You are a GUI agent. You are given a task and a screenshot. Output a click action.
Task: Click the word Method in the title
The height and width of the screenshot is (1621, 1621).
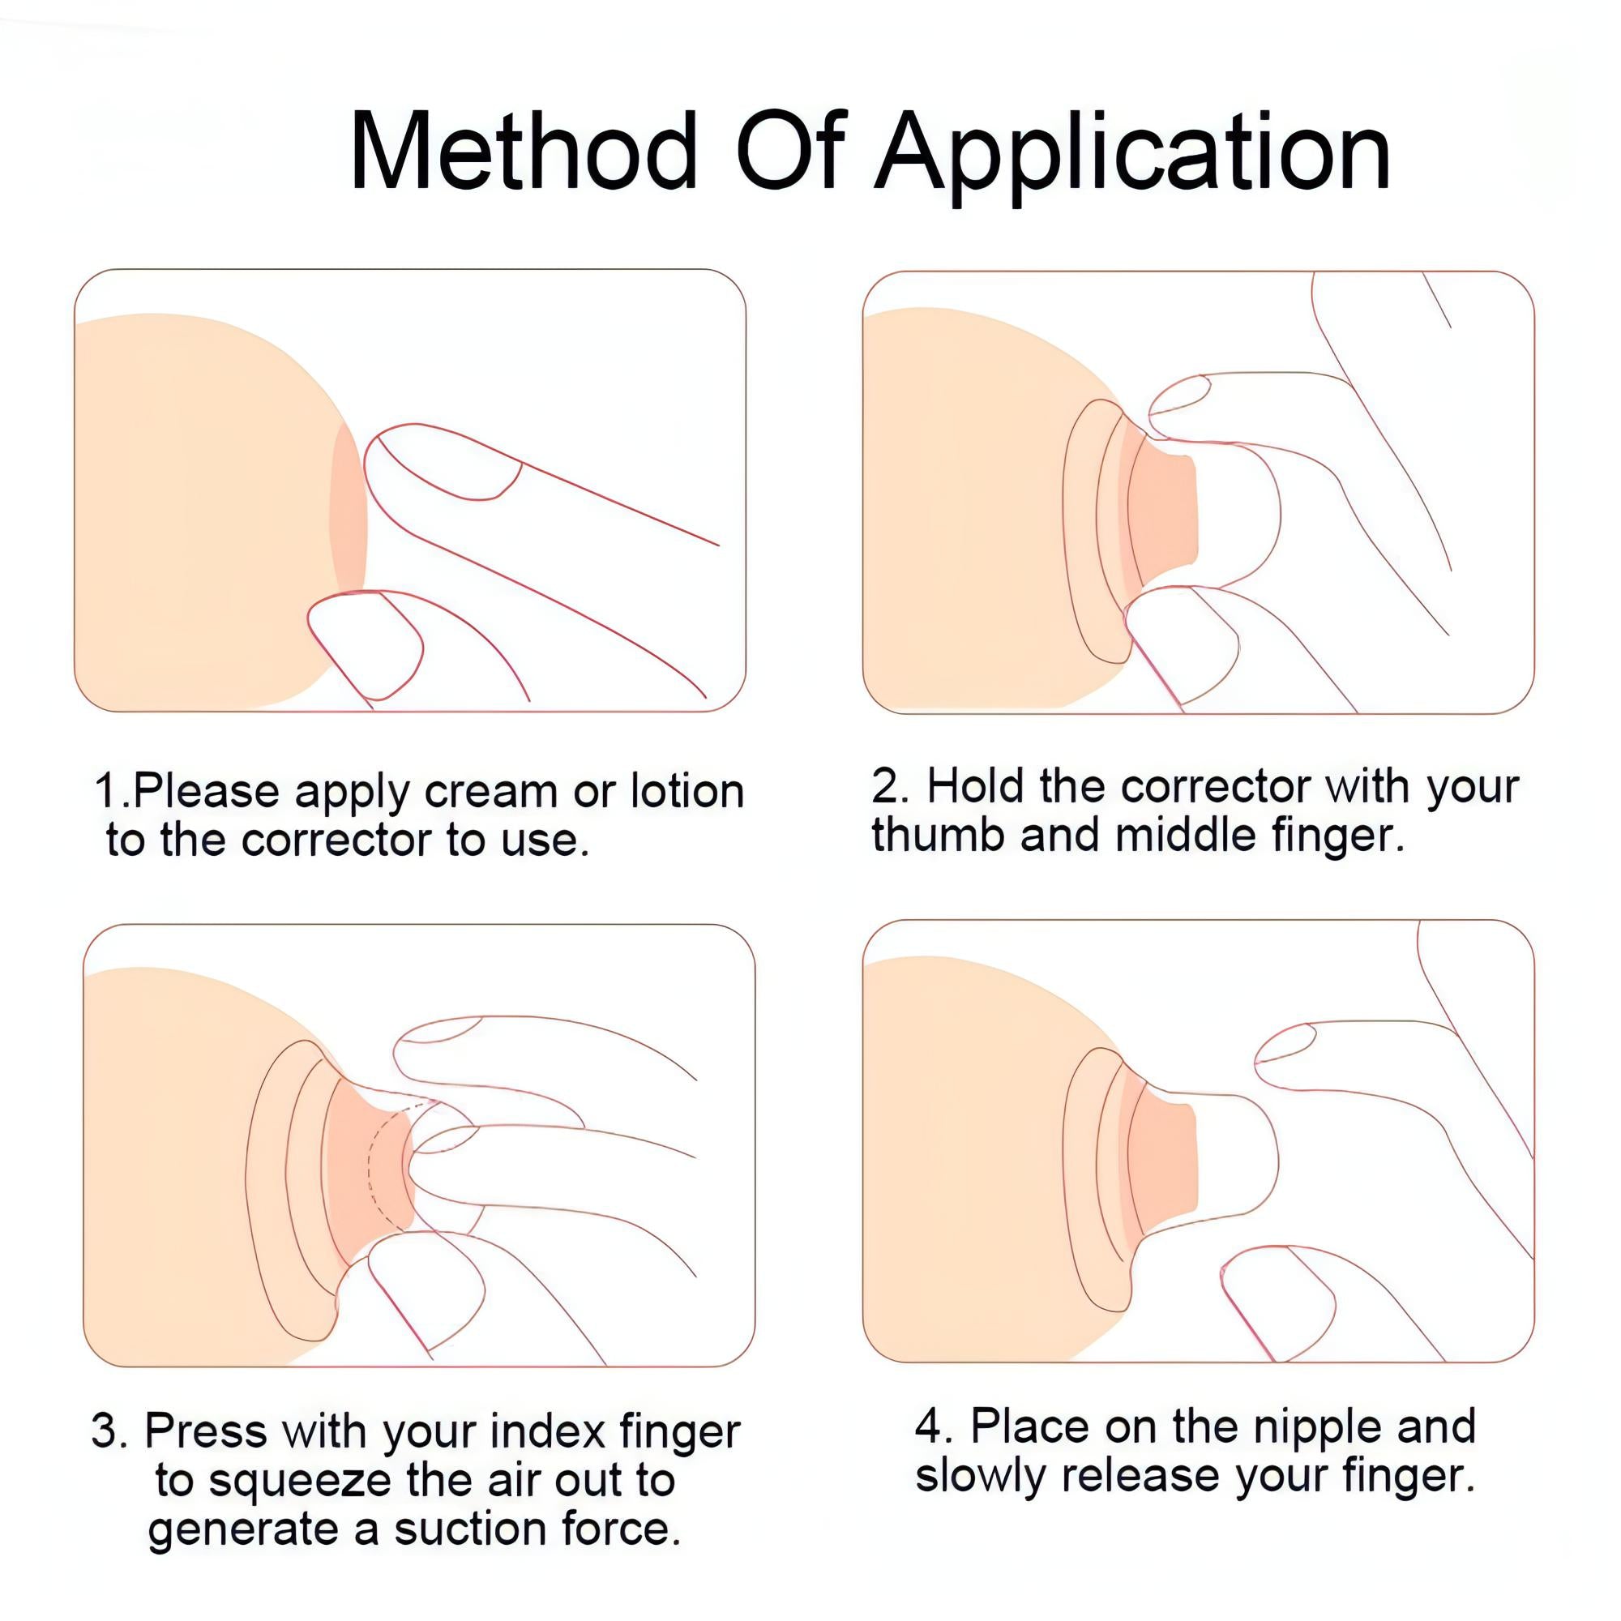point(522,152)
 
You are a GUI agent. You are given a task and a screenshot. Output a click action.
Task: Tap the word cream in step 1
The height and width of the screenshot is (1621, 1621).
point(490,791)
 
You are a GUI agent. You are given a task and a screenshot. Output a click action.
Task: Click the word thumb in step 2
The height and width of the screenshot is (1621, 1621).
point(937,836)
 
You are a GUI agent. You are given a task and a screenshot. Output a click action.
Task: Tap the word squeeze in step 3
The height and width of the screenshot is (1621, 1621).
point(300,1482)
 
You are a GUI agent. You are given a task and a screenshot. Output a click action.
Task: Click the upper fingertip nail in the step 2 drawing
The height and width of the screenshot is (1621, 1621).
point(1178,395)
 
